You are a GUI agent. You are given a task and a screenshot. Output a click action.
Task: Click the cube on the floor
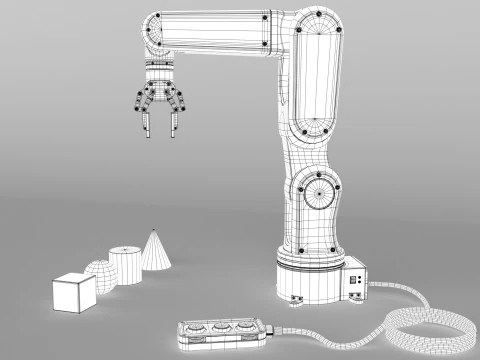[x=72, y=293]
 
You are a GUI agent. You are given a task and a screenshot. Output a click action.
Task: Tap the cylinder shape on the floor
[x=127, y=267]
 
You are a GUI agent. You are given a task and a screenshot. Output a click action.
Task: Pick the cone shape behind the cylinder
[x=155, y=252]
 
